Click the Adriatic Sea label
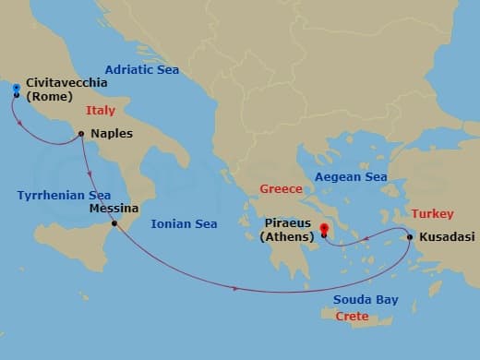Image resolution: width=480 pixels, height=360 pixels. (x=141, y=69)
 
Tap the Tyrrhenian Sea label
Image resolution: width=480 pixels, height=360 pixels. (x=64, y=195)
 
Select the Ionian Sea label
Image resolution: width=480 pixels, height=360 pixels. (x=183, y=223)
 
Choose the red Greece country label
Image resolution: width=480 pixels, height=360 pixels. (x=281, y=189)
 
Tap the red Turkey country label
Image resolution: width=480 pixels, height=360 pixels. (x=432, y=213)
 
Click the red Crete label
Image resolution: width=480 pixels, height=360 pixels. (x=352, y=317)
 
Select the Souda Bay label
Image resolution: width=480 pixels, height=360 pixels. (x=366, y=300)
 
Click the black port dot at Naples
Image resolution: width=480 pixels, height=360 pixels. (x=82, y=134)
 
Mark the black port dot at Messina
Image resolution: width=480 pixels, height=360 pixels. (x=114, y=223)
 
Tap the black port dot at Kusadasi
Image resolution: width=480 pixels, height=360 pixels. (x=409, y=237)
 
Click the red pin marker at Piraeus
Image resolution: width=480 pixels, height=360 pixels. (x=324, y=231)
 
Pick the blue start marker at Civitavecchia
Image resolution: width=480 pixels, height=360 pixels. (x=17, y=90)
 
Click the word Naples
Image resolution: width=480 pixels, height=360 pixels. (x=113, y=134)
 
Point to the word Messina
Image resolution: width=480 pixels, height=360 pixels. (x=114, y=209)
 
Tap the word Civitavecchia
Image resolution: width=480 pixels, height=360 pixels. (x=67, y=82)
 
